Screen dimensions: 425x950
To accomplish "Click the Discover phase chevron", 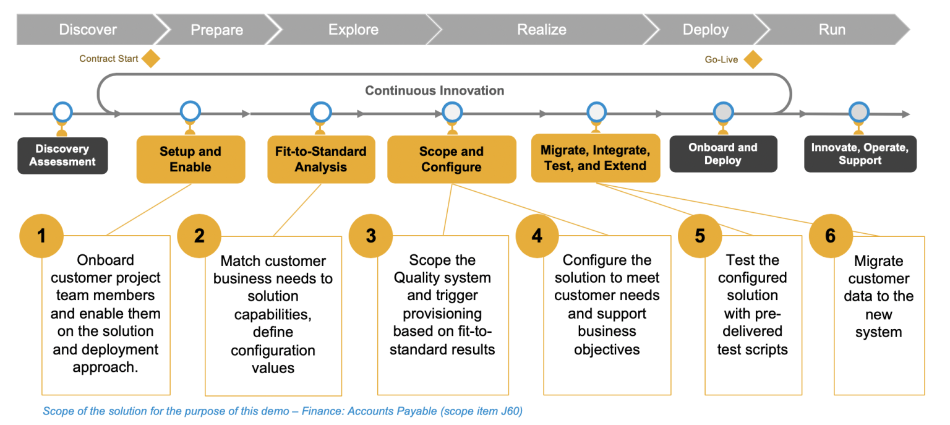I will click(88, 30).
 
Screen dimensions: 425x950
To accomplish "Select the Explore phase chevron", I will click(353, 30).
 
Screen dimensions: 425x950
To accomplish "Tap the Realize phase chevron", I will click(541, 30).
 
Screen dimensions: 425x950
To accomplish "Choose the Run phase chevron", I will click(831, 30).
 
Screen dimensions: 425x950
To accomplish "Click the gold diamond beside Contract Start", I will click(150, 59).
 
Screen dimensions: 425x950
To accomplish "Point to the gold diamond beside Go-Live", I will click(753, 59).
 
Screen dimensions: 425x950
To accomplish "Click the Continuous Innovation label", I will click(434, 91).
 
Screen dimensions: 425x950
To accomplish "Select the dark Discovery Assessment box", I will click(62, 155).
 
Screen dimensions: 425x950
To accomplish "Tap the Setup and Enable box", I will click(190, 160).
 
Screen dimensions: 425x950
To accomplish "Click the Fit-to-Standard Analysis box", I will click(321, 160).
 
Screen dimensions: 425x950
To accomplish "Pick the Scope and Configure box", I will click(451, 160).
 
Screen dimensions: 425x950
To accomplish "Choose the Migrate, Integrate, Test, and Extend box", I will click(595, 158).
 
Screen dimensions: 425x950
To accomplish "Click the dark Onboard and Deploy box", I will click(723, 154).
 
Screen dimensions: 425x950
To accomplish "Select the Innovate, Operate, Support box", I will click(860, 154).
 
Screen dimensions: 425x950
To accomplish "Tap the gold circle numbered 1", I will click(41, 236).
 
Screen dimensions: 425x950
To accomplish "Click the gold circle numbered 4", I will click(537, 236).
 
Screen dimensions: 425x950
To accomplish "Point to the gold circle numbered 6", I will click(830, 236).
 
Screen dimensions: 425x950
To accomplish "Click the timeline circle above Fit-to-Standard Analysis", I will click(321, 112).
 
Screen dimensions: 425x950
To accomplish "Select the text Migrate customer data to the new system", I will click(878, 296).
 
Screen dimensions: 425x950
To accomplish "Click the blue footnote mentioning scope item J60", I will click(283, 411).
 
